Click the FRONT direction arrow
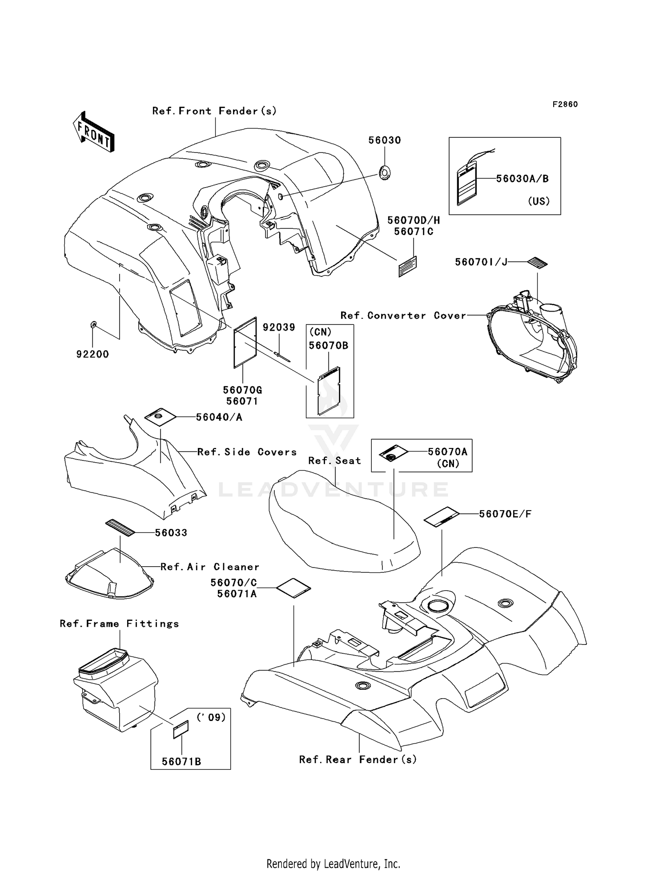(x=94, y=132)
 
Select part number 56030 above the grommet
(x=385, y=140)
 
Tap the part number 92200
(x=92, y=354)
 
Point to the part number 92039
(x=279, y=328)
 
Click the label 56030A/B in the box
(x=522, y=179)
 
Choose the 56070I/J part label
(x=481, y=262)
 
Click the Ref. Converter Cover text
(x=403, y=316)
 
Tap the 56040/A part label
(x=219, y=417)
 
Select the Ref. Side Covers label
(x=247, y=452)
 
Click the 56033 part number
(x=171, y=532)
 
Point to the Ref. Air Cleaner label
(x=210, y=567)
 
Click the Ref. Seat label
(x=335, y=461)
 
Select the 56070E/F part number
(x=505, y=514)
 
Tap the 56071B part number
(x=181, y=762)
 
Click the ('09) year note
(x=211, y=717)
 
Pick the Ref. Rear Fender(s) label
(x=358, y=760)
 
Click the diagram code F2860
(x=565, y=104)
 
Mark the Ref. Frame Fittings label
(x=119, y=624)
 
